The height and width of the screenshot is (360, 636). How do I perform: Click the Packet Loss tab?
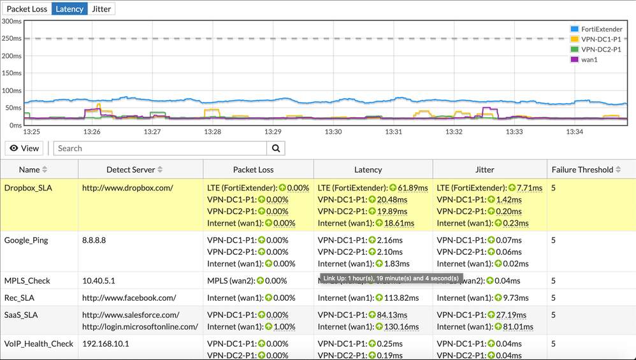[27, 9]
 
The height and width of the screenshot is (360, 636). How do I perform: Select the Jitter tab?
[101, 9]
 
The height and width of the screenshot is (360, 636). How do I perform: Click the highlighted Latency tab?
[69, 9]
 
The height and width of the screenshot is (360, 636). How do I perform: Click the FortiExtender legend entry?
[596, 29]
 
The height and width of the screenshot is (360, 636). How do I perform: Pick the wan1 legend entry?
[592, 59]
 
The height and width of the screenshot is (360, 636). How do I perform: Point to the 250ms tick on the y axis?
[11, 38]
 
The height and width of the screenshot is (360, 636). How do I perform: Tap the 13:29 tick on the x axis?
[273, 132]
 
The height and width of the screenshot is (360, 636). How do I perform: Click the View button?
[24, 148]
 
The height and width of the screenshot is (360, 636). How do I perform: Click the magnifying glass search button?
[276, 148]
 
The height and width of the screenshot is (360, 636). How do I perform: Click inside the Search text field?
[159, 148]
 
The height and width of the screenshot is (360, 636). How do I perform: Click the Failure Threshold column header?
[582, 169]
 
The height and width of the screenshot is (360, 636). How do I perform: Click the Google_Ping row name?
[26, 240]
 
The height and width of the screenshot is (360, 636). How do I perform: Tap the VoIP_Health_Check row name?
[39, 343]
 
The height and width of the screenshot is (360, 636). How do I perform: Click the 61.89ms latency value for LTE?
[401, 188]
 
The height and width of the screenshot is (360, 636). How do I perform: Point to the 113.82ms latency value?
[399, 298]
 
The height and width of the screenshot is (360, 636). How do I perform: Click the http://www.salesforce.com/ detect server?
[131, 315]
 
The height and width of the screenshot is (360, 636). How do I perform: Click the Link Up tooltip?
[391, 278]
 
